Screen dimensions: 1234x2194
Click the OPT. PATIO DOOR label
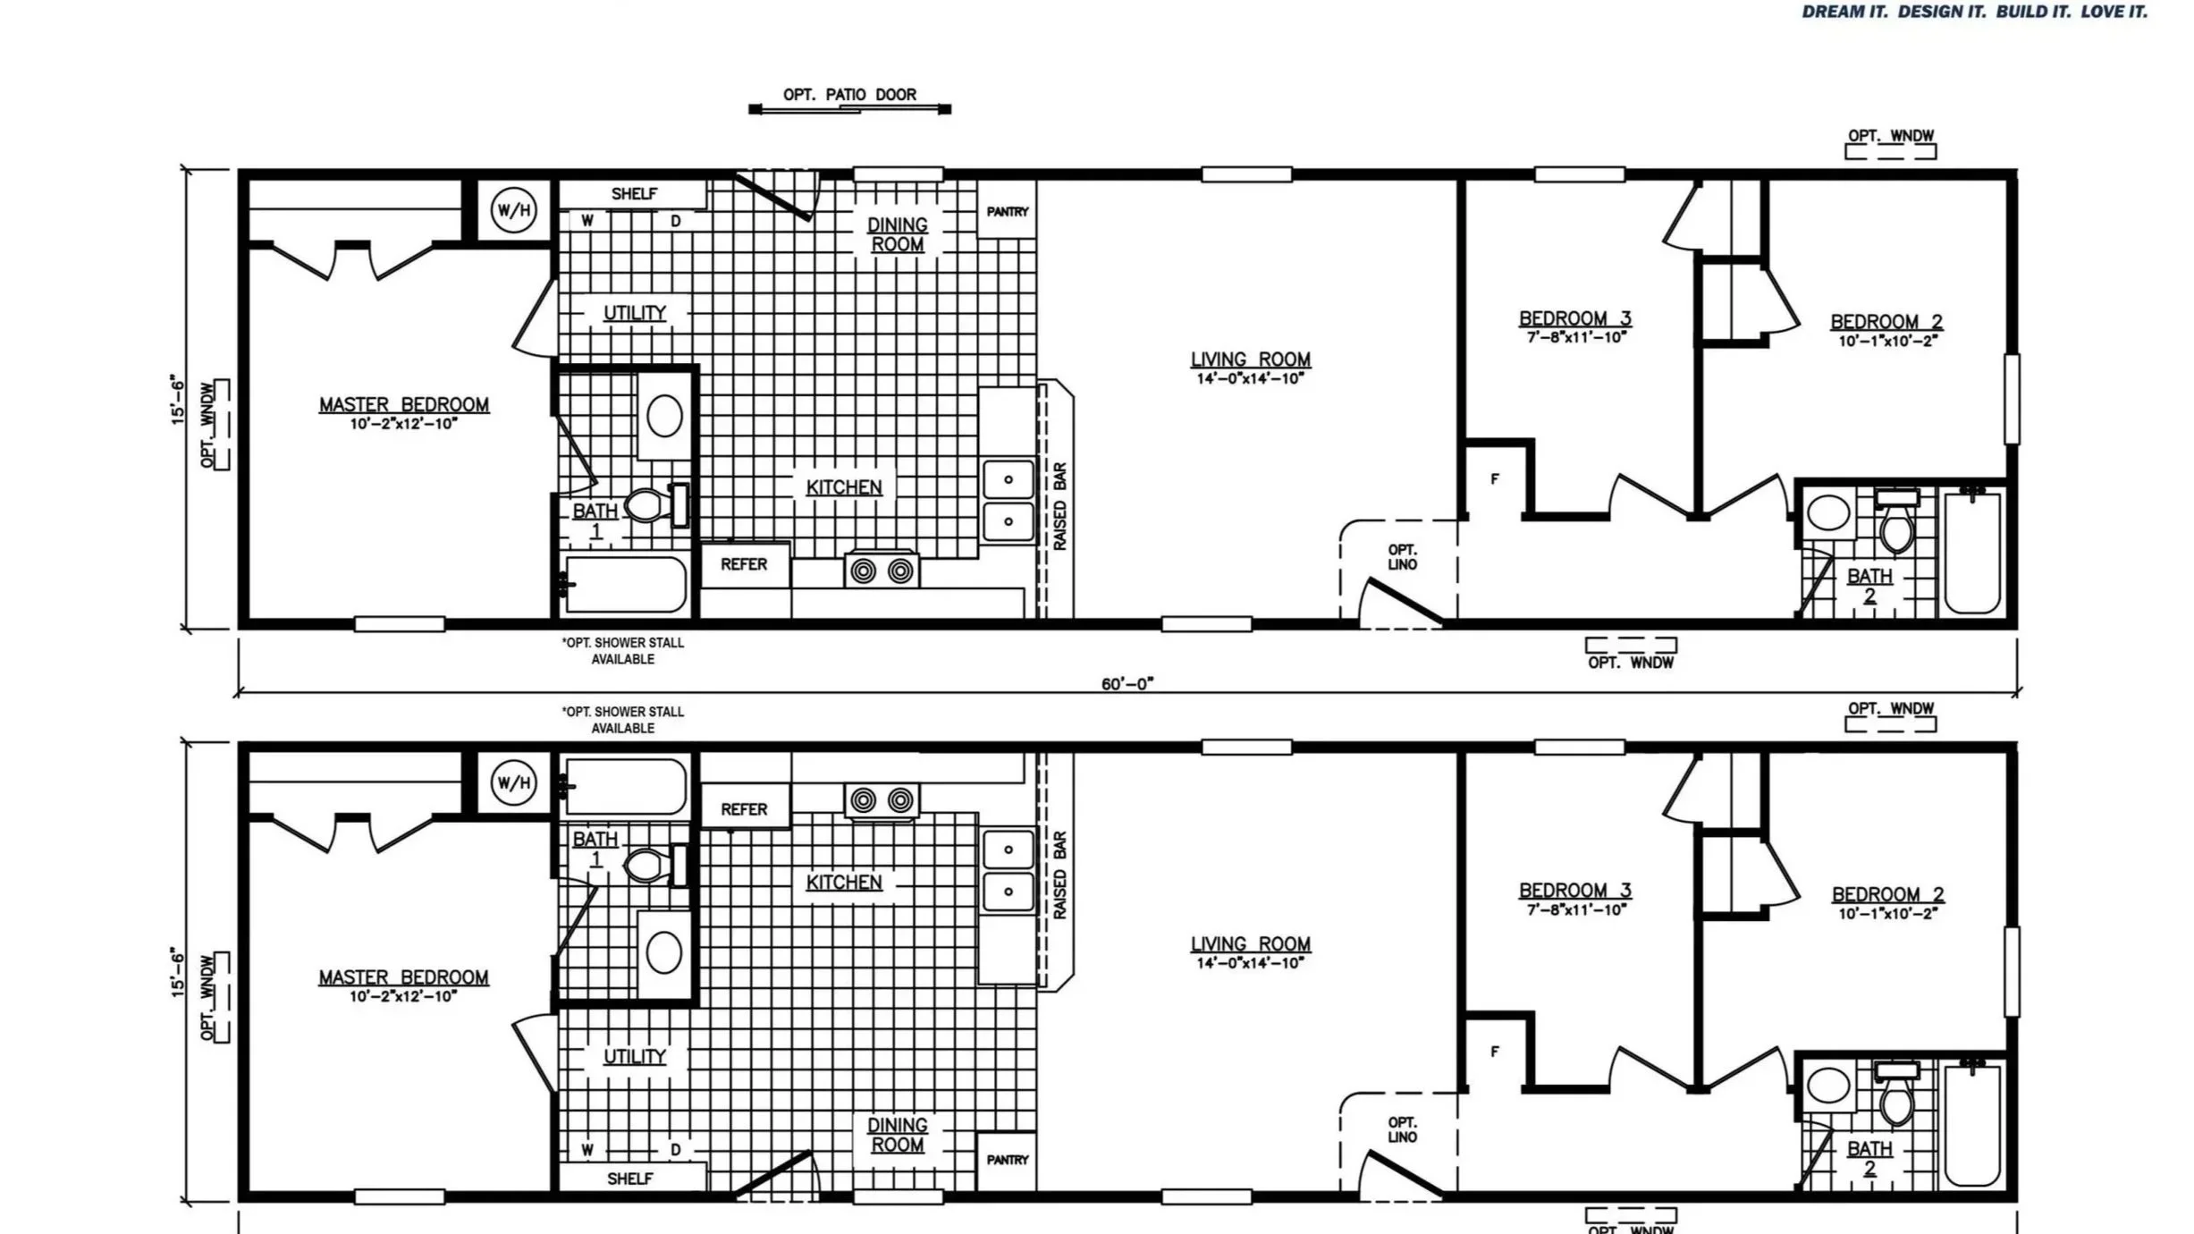(x=849, y=95)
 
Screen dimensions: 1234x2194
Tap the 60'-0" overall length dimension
(x=1127, y=684)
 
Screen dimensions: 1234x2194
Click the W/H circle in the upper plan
(x=514, y=211)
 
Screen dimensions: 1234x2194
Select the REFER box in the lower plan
(x=744, y=809)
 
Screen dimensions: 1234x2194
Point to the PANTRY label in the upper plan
(x=1008, y=212)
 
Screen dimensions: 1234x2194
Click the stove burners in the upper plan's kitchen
(x=882, y=571)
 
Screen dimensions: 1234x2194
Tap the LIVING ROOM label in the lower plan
(x=1250, y=944)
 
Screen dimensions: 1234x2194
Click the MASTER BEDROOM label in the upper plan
(x=404, y=405)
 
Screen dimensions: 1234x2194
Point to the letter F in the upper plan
(x=1495, y=479)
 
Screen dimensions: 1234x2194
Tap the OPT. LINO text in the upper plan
(x=1402, y=557)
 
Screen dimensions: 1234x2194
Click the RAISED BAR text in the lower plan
(x=1060, y=875)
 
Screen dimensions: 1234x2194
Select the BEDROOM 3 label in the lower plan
(x=1575, y=891)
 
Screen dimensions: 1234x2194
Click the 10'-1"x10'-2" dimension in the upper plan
(x=1886, y=342)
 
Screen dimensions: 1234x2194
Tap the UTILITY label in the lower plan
(x=635, y=1057)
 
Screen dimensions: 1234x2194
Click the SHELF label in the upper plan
(x=634, y=194)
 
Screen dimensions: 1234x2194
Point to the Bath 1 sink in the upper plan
(x=664, y=416)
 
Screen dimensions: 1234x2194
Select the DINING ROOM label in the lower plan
(x=898, y=1135)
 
